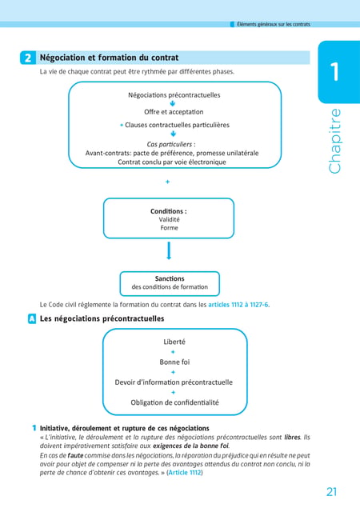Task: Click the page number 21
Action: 331,491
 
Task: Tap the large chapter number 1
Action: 335,71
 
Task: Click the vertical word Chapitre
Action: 334,141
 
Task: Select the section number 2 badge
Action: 28,58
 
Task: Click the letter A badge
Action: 32,318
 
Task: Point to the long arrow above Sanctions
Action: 169,250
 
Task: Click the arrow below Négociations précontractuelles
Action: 172,103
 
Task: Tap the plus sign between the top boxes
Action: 167,182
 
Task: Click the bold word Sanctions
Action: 170,278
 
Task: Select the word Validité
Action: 169,220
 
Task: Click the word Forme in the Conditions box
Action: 169,228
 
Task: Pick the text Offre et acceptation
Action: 174,112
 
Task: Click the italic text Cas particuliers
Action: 169,144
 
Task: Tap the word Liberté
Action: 174,342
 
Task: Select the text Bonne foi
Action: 174,362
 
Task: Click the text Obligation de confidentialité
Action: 174,402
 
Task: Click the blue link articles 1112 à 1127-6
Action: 238,305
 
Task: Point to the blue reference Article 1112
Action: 185,472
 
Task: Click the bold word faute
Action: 75,455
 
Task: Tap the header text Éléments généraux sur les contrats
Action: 274,24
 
